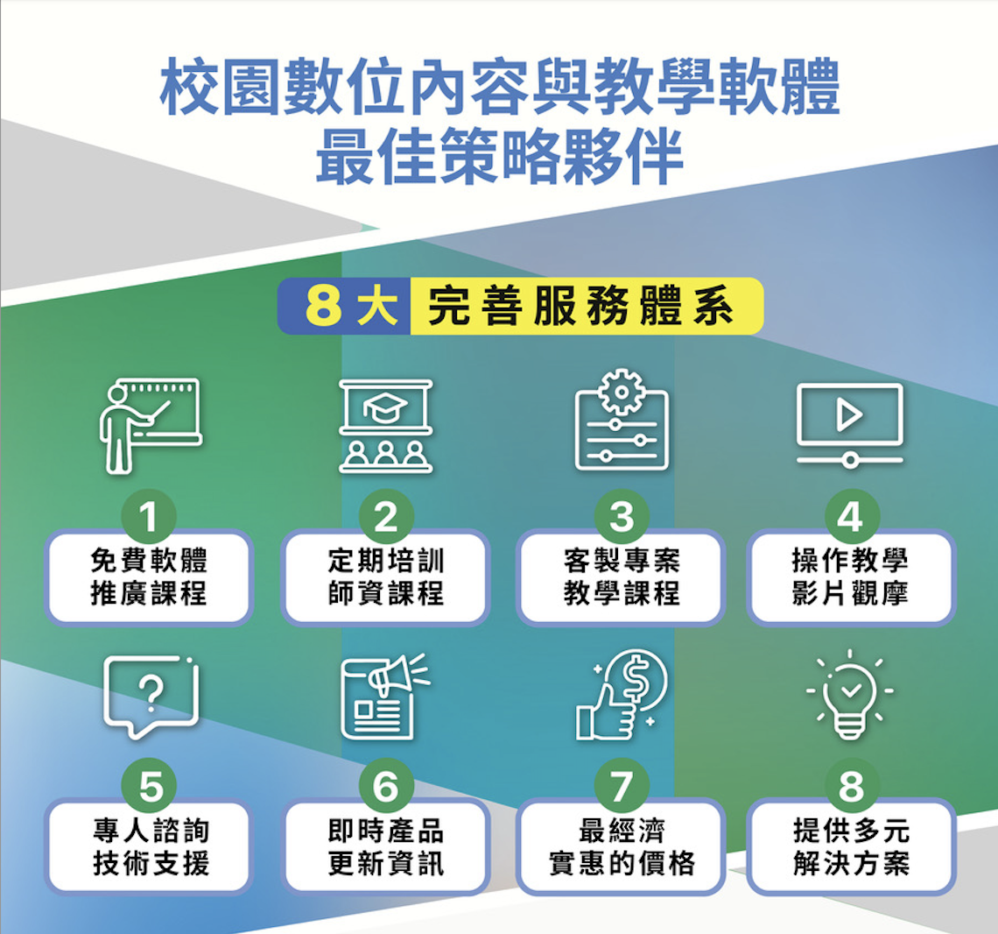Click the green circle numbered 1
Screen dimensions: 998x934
(148, 516)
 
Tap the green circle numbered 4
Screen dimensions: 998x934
(852, 516)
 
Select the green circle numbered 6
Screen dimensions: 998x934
(386, 786)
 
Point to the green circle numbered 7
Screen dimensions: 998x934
(622, 786)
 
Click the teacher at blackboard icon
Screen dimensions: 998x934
(151, 426)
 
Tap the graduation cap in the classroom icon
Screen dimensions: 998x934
(385, 407)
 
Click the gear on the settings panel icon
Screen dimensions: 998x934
(622, 391)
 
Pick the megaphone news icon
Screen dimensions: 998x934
(386, 697)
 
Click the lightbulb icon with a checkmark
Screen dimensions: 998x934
(850, 694)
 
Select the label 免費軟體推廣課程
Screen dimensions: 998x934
(149, 577)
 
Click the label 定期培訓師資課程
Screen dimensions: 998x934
(386, 577)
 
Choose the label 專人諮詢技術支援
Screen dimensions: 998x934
(151, 846)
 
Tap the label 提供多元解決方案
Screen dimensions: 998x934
(852, 846)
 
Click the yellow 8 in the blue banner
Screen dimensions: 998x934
(323, 306)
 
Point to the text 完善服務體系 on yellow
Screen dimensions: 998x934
(580, 307)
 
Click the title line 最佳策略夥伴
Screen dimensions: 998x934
(500, 156)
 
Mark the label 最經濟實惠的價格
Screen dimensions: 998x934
(622, 846)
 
